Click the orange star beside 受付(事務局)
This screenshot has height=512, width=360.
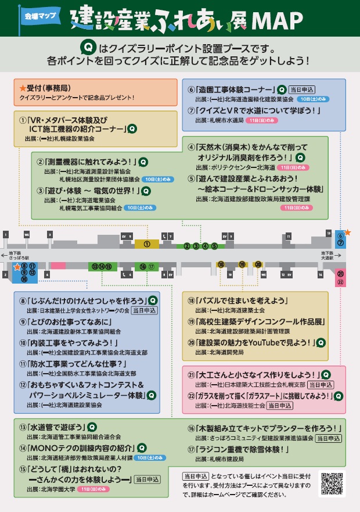(x=23, y=88)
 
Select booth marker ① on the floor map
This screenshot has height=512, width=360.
(x=147, y=244)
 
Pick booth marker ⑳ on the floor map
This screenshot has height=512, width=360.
(x=258, y=264)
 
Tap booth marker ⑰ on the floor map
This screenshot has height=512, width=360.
(x=152, y=267)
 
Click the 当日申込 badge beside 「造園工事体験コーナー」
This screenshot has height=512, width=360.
(x=301, y=90)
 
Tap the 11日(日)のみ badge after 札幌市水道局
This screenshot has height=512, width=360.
(x=262, y=120)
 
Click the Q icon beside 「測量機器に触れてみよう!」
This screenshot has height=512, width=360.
(x=143, y=162)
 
